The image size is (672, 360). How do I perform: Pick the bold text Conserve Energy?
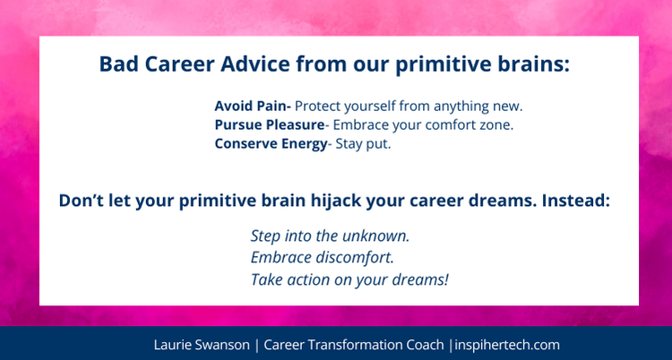271,143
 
